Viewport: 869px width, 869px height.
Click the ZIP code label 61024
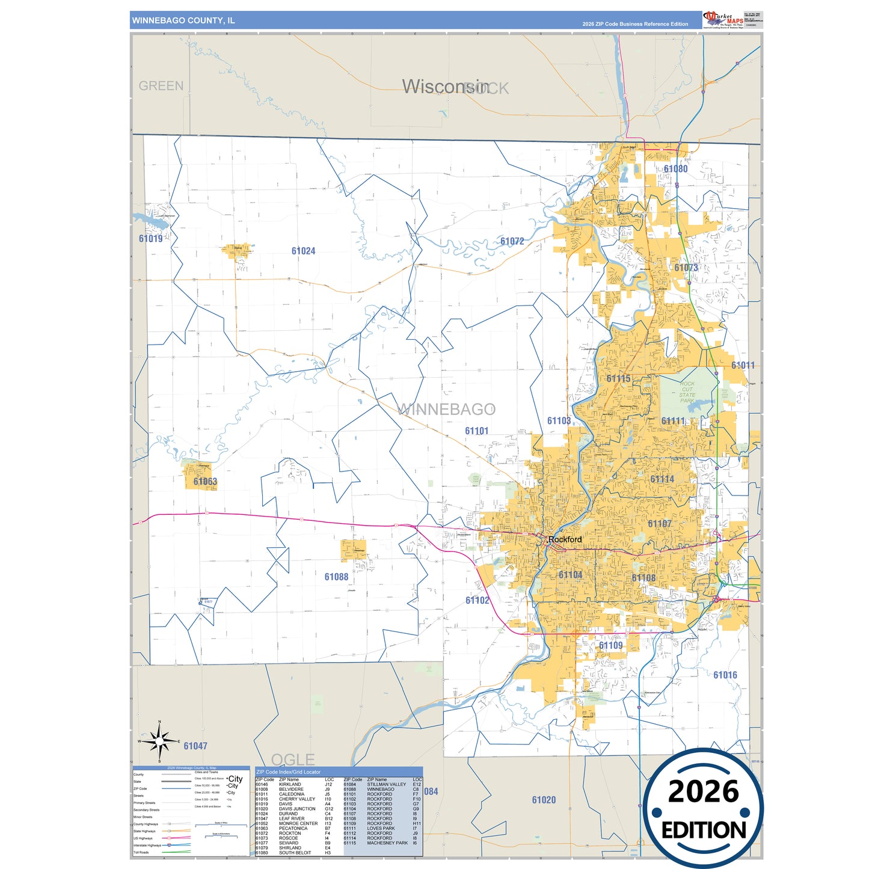coord(303,251)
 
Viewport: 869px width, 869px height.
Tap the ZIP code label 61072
coord(512,241)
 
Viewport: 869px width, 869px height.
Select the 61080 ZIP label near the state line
coord(675,169)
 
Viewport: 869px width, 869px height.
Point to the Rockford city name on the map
coord(565,539)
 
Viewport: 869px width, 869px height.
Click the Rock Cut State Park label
coord(687,392)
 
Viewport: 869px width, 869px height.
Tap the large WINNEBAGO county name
coord(446,410)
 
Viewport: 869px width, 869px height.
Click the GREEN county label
coord(161,86)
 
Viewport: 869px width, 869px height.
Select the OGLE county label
coord(293,760)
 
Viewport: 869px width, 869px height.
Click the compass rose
coord(159,741)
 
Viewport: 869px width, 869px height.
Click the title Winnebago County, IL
coord(183,20)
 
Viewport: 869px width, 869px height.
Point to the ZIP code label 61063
coord(205,482)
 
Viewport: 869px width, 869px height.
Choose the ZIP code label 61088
coord(336,577)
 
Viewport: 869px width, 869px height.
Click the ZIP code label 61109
coord(610,645)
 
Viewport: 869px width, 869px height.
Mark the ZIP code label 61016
coord(725,675)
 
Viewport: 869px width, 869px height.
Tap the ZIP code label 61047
coord(195,746)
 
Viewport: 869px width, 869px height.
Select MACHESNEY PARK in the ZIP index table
coord(387,843)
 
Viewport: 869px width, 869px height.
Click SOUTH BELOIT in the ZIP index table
coord(295,853)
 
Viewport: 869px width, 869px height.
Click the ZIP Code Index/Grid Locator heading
coord(289,772)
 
